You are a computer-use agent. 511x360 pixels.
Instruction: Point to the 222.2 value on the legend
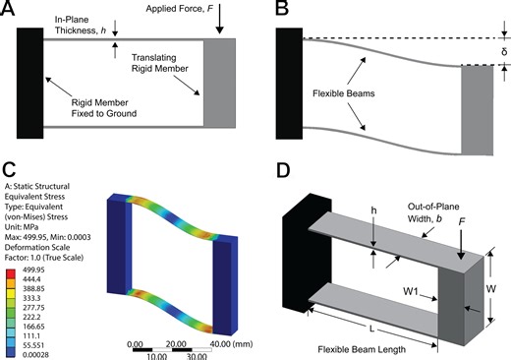(35, 307)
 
